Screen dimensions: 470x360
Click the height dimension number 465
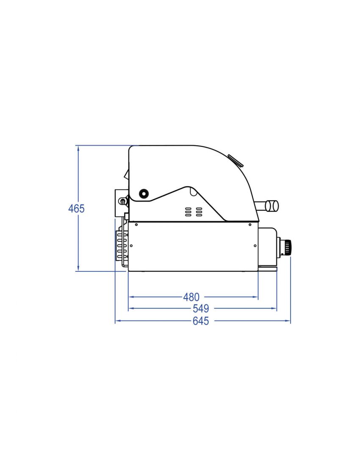point(77,209)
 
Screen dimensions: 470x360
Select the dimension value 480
point(191,297)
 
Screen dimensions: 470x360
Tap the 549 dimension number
point(201,309)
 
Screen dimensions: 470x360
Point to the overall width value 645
point(201,321)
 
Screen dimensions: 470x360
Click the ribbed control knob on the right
point(288,246)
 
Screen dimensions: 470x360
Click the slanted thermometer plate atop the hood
point(235,160)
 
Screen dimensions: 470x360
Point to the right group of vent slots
point(198,212)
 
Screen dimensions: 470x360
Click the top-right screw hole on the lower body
point(251,225)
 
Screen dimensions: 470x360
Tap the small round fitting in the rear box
point(122,201)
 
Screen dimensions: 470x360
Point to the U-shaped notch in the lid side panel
point(194,192)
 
